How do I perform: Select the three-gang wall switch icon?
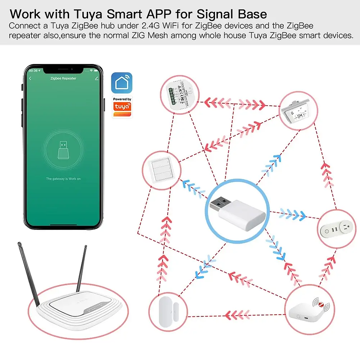(x=160, y=169)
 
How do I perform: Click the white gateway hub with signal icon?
(x=305, y=311)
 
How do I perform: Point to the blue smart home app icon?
(x=122, y=83)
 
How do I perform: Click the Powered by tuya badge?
(x=122, y=106)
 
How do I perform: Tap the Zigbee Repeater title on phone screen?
(x=63, y=78)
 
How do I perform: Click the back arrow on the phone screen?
(x=31, y=78)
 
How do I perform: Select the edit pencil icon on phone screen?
(x=96, y=78)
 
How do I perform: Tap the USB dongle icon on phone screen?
(x=63, y=150)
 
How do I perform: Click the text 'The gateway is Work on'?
(x=63, y=179)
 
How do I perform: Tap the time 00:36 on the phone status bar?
(x=33, y=71)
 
